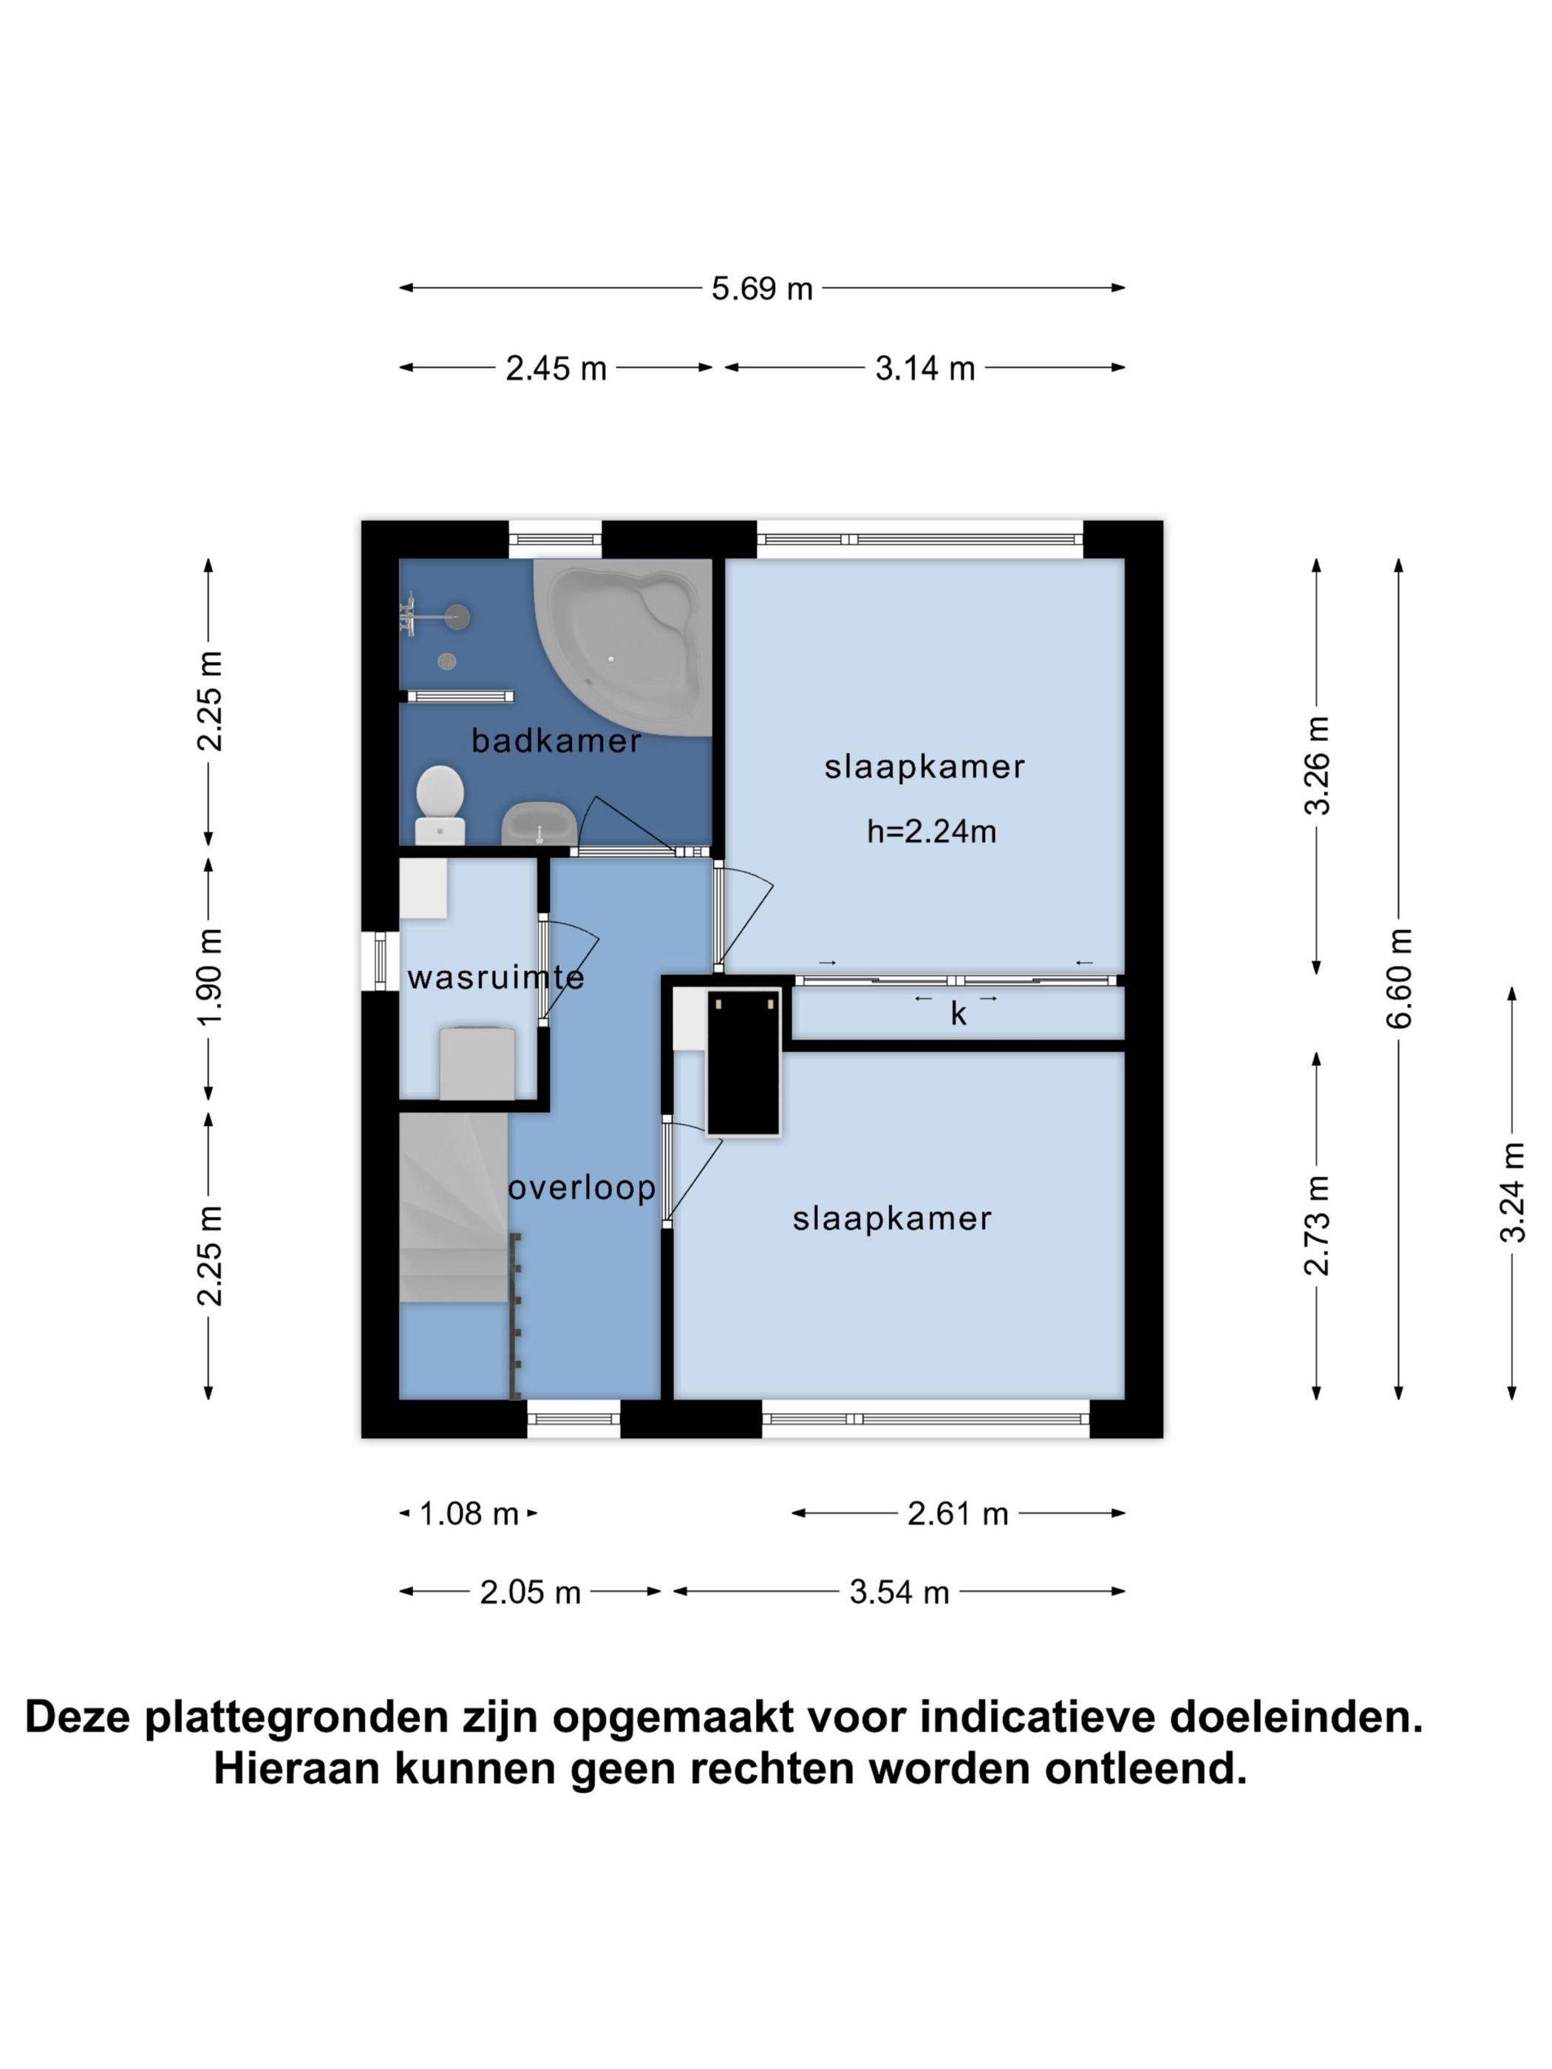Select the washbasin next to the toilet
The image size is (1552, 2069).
[538, 824]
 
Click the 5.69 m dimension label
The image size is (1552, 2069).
[761, 288]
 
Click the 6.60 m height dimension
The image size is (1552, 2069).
[1398, 978]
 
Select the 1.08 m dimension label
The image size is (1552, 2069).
[468, 1513]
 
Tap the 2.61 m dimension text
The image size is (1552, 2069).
[958, 1513]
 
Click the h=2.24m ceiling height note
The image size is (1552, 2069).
[930, 831]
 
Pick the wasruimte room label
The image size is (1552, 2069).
[496, 978]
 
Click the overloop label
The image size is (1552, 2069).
[582, 1188]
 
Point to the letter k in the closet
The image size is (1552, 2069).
[958, 1015]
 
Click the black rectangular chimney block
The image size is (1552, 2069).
[743, 1062]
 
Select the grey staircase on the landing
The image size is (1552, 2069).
[453, 1207]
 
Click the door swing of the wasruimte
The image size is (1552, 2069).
[571, 964]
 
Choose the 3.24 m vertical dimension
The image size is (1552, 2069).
[1512, 1193]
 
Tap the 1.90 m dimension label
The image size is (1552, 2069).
[210, 977]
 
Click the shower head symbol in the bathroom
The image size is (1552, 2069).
[457, 616]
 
